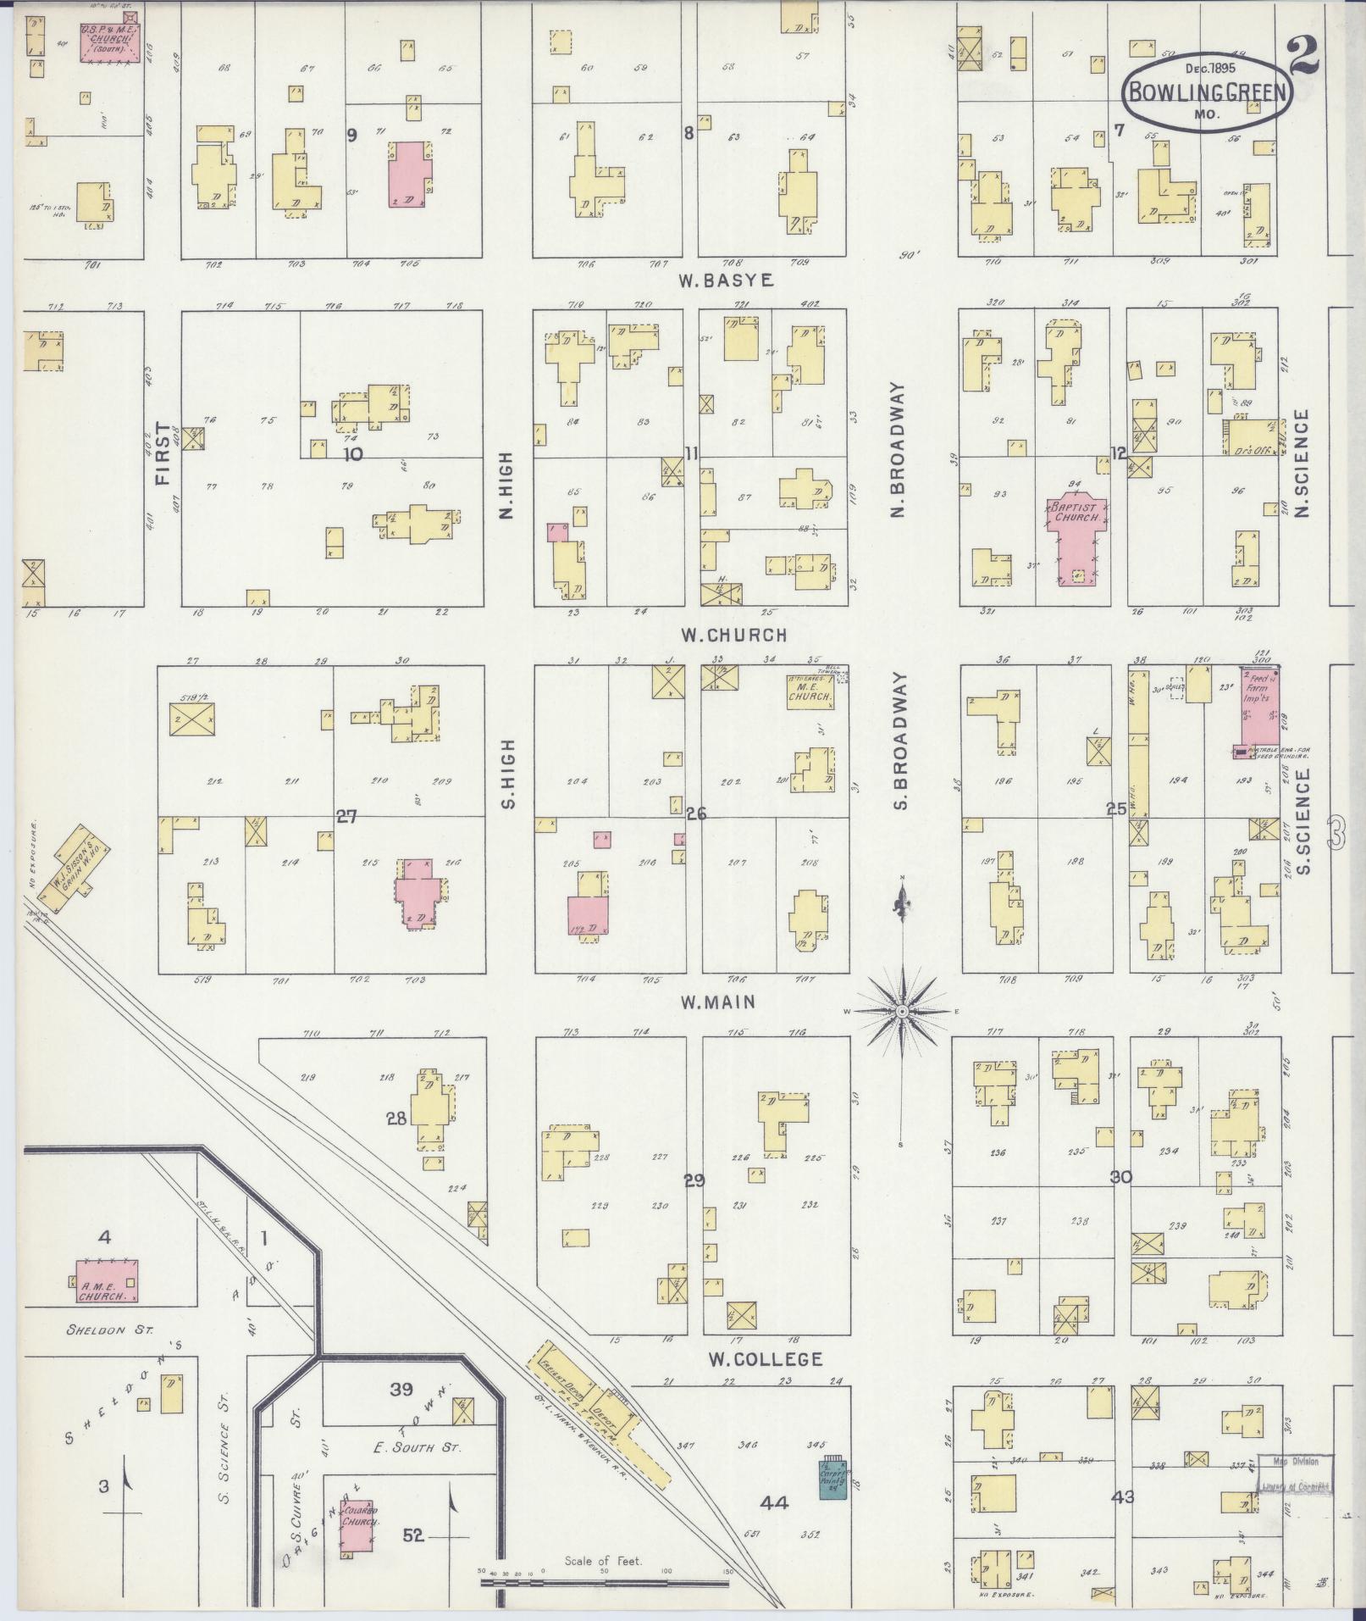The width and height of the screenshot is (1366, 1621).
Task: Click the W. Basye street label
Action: pos(726,280)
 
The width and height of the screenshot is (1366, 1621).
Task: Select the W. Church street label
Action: pos(734,634)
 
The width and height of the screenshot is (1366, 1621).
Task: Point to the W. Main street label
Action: pos(717,1002)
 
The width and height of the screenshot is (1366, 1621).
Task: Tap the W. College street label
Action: pos(765,1359)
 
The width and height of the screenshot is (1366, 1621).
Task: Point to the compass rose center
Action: pos(903,1012)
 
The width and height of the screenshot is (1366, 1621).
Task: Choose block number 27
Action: pos(346,817)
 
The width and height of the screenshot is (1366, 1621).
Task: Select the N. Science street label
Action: pos(1302,463)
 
